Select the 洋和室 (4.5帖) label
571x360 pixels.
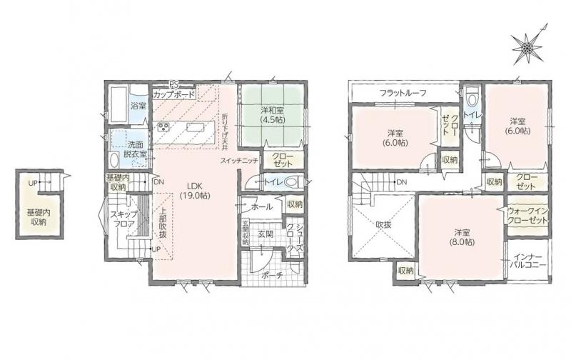[x=273, y=114]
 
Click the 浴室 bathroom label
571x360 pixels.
[x=138, y=106]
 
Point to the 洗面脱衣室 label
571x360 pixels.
[x=135, y=149]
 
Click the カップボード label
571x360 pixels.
[x=173, y=95]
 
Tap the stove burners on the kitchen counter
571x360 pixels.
[x=163, y=128]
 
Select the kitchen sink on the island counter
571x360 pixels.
[x=193, y=127]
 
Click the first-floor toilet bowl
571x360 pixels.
[x=292, y=182]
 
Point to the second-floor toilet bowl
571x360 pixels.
[x=472, y=98]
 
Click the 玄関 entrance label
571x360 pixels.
[x=266, y=234]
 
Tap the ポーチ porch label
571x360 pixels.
[x=272, y=276]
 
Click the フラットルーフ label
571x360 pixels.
[x=403, y=93]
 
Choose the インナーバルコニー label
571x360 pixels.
[x=527, y=260]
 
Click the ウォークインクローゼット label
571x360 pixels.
[x=527, y=216]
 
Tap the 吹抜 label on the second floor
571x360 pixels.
[x=383, y=225]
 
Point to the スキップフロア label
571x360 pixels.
[x=123, y=219]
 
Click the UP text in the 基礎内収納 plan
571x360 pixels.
[x=33, y=184]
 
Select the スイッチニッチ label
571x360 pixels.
[x=239, y=161]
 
